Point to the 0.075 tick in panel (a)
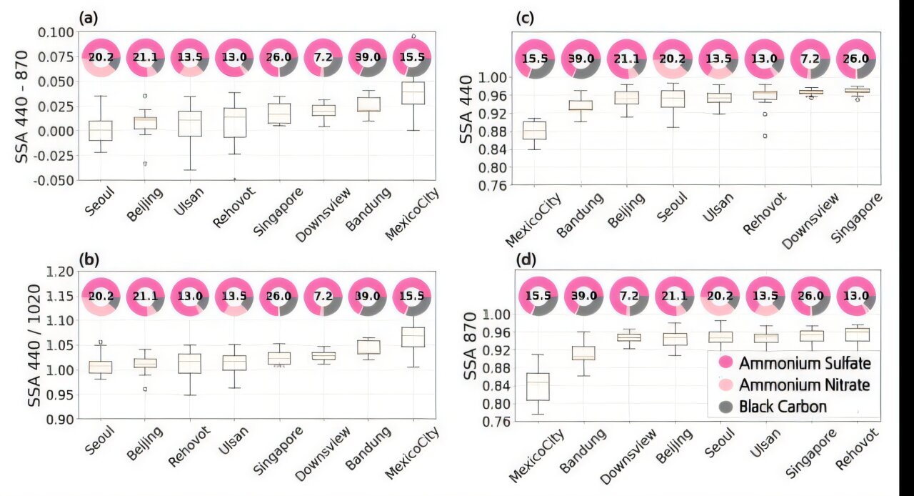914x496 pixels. tap(56, 56)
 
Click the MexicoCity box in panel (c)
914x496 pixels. tap(534, 130)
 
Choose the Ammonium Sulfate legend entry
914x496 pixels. tap(794, 363)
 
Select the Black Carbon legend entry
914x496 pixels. tap(773, 407)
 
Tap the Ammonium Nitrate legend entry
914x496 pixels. tap(794, 385)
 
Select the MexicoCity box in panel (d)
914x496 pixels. tap(537, 387)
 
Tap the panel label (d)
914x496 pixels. tap(528, 259)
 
